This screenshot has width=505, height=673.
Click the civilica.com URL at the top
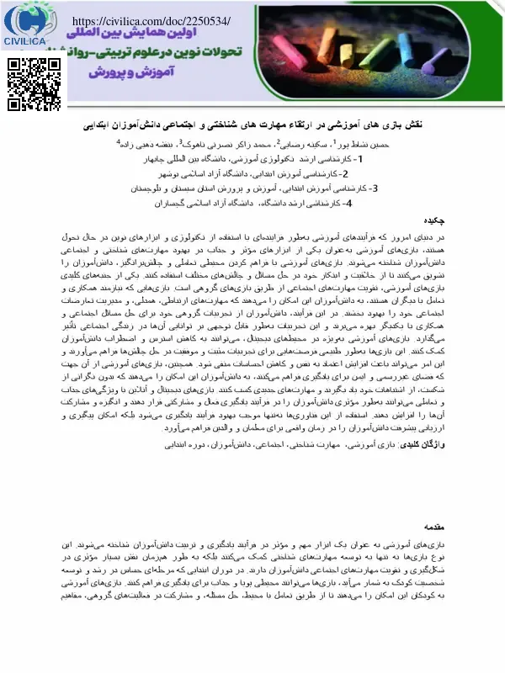[151, 19]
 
